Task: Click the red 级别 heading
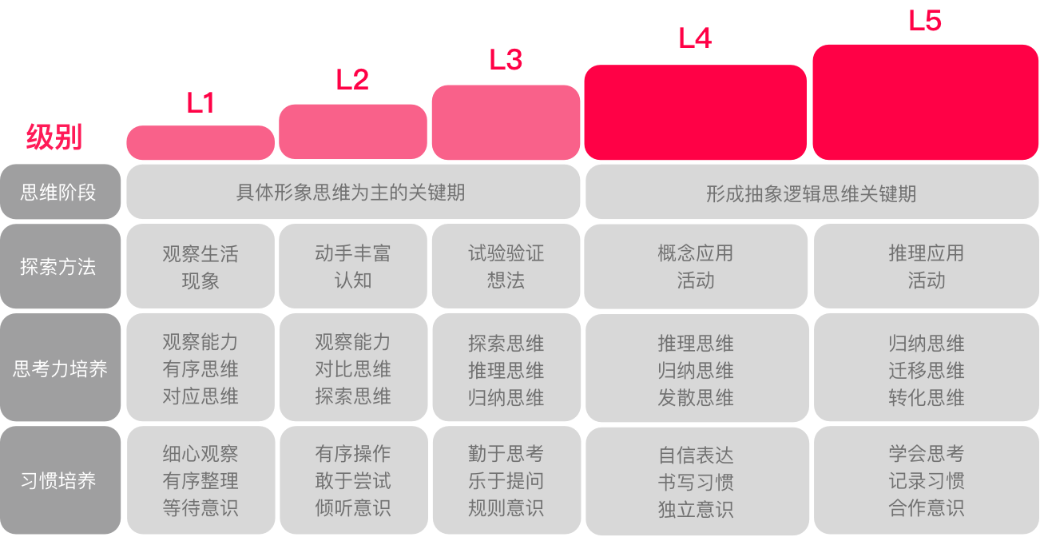(54, 137)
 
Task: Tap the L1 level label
(200, 102)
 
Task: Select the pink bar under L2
(353, 132)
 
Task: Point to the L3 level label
(506, 59)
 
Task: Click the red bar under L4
(695, 113)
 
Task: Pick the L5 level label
(925, 21)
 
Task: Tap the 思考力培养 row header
(61, 368)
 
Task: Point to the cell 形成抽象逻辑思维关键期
(812, 193)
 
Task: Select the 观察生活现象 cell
(200, 266)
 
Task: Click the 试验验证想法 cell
(506, 266)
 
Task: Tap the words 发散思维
(696, 398)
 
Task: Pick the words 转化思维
(927, 398)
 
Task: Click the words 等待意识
(200, 507)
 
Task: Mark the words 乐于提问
(506, 481)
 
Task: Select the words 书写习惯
(696, 482)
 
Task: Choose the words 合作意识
(927, 507)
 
